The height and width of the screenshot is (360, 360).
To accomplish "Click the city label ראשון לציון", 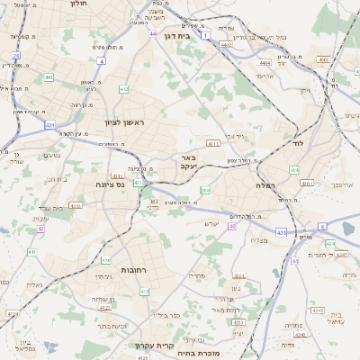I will (x=123, y=122).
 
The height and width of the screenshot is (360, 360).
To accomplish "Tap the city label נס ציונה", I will (x=110, y=184).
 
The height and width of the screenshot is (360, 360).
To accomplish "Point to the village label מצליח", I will (x=260, y=239).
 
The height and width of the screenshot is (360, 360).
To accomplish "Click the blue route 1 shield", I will (x=205, y=35).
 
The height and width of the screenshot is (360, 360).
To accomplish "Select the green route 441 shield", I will (x=49, y=77).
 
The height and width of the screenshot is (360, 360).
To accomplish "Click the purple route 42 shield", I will (x=40, y=229).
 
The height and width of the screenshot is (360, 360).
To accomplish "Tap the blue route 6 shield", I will (x=322, y=227).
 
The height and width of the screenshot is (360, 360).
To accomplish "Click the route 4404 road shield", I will (x=264, y=64).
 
